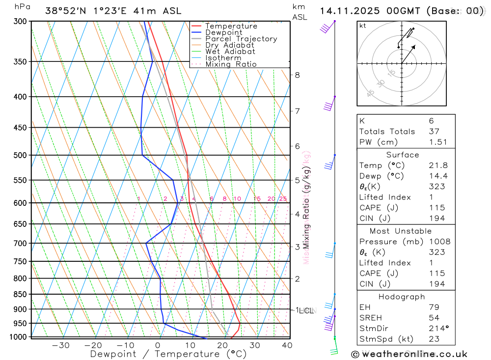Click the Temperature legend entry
(231, 26)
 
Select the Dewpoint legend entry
(224, 32)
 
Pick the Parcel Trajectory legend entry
(241, 39)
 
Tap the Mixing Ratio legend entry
(231, 64)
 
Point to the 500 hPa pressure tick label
(20, 155)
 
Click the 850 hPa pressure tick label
(20, 294)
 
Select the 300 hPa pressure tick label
(20, 22)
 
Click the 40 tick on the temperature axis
(287, 345)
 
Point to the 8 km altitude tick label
(297, 75)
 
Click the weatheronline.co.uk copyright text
(409, 354)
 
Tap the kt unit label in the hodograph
(362, 26)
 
